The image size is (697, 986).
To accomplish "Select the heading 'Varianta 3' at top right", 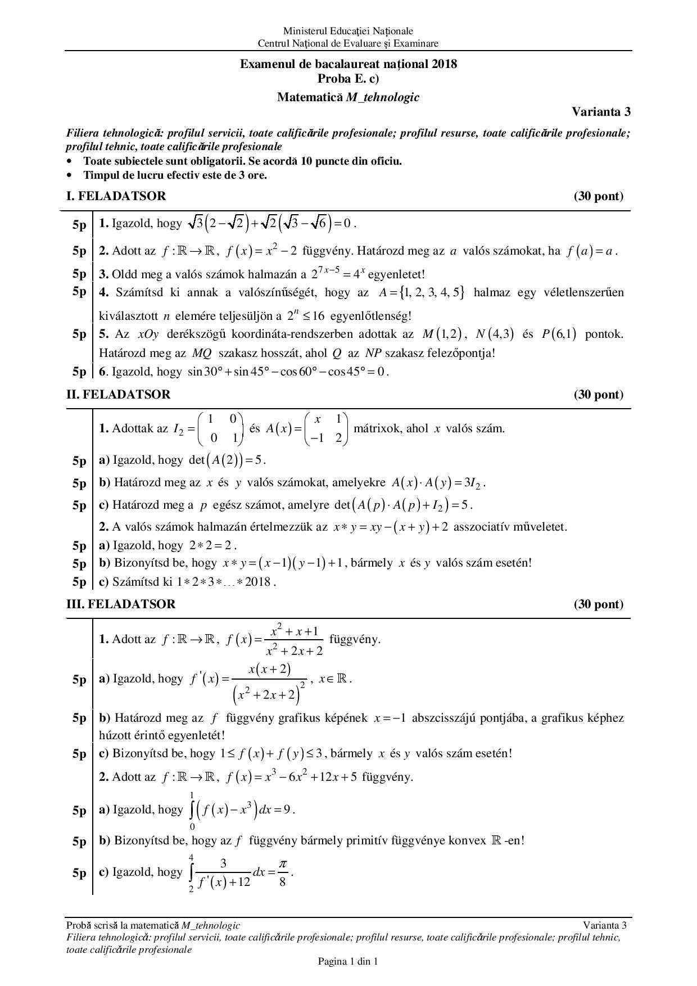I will click(x=601, y=111).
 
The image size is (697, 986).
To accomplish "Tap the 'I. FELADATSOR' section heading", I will click(x=116, y=196).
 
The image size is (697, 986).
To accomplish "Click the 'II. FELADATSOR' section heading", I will click(x=118, y=395).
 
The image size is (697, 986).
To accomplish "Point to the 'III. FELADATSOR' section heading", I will click(x=121, y=604).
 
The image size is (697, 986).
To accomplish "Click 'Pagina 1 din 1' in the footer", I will click(x=348, y=961).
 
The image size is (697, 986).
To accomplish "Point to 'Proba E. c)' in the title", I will click(x=348, y=78).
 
